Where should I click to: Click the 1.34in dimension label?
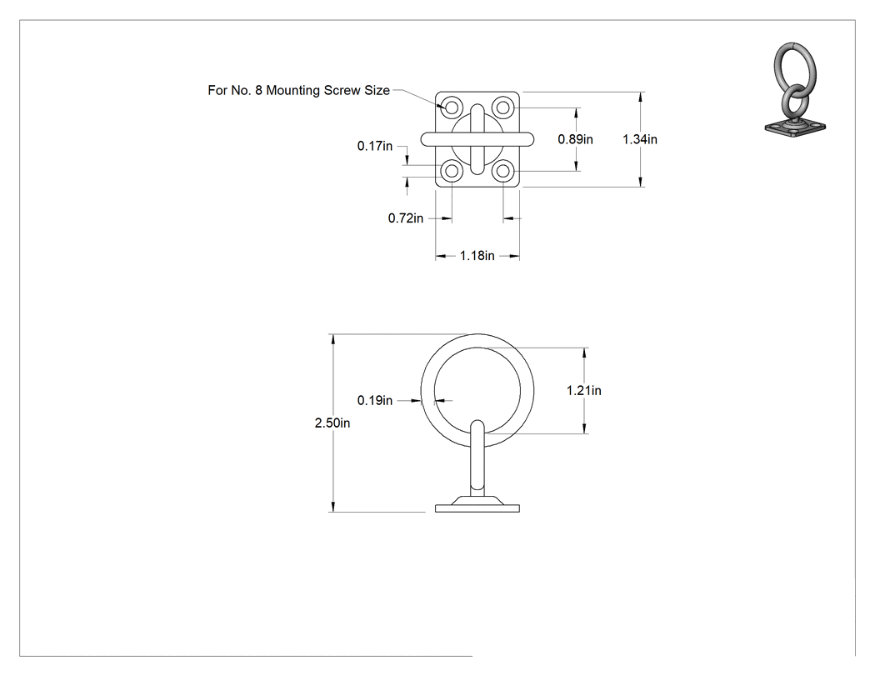coord(639,139)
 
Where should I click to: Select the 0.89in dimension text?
coord(575,139)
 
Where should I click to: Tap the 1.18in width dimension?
coord(477,256)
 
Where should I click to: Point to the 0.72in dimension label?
coord(406,218)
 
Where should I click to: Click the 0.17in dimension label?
coord(375,146)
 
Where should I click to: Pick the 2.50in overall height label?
coord(332,423)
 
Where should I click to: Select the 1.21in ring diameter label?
coord(583,391)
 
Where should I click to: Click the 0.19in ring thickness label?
coord(375,400)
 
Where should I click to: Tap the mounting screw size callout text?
coord(298,90)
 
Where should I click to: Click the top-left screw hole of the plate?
coord(452,106)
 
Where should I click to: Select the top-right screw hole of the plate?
coord(503,106)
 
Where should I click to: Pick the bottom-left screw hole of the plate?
coord(452,171)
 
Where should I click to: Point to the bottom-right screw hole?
coord(503,171)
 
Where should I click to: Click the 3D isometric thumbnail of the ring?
coord(795,89)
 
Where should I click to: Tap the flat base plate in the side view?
coord(477,508)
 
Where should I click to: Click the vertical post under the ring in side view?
coord(477,458)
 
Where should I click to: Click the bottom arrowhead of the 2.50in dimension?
coord(333,506)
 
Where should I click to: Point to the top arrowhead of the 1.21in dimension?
coord(584,353)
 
